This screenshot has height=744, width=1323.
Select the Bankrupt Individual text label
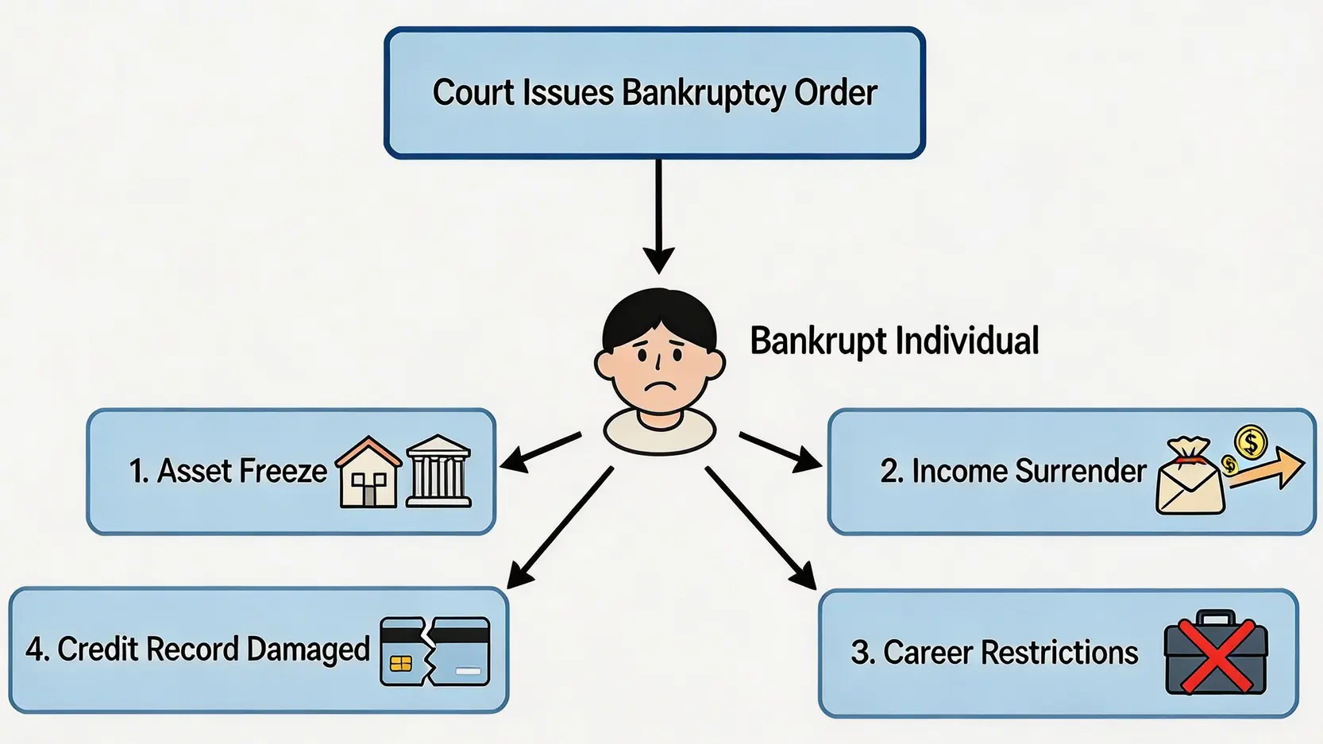pyautogui.click(x=894, y=341)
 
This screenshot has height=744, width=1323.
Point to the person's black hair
pyautogui.click(x=659, y=314)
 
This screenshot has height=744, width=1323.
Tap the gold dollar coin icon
pyautogui.click(x=1250, y=441)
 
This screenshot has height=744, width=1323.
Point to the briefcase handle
pyautogui.click(x=1215, y=618)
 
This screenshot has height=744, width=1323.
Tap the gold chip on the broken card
pyautogui.click(x=401, y=663)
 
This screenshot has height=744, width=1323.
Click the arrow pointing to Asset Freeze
pyautogui.click(x=540, y=449)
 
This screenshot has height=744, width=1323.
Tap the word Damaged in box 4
pyautogui.click(x=308, y=650)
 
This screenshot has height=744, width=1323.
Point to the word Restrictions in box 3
pyautogui.click(x=1059, y=653)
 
